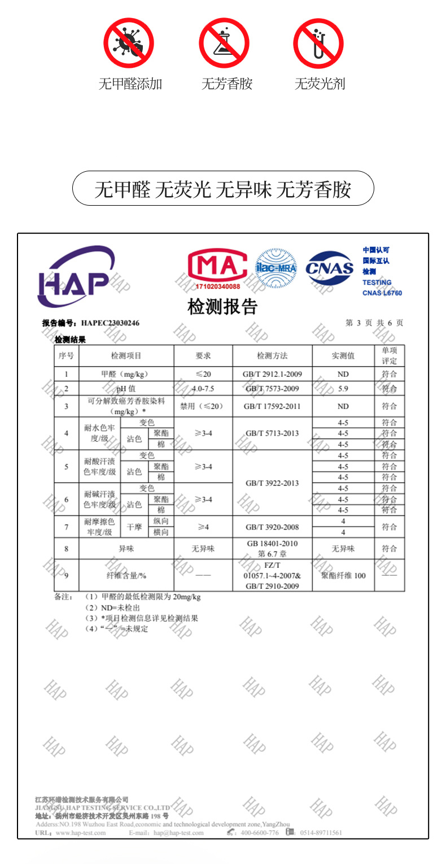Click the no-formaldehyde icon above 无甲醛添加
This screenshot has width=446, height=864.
129,44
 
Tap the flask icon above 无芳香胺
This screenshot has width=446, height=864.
224,44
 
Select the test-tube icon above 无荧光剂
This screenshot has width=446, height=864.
318,44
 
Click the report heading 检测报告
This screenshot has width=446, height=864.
222,307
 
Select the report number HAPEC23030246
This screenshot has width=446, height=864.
110,323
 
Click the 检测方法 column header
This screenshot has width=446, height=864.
272,355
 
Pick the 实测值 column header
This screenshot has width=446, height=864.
343,355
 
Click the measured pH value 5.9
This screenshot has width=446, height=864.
343,389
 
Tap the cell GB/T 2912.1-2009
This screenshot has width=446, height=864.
272,374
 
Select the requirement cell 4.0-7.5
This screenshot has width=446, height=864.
203,389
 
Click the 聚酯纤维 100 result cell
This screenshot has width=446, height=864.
343,575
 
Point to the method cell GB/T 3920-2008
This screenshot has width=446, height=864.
272,527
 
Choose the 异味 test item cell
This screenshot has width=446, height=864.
126,549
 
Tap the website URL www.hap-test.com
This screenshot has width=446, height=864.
81,833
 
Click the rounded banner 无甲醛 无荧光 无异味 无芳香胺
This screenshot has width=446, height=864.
223,189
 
